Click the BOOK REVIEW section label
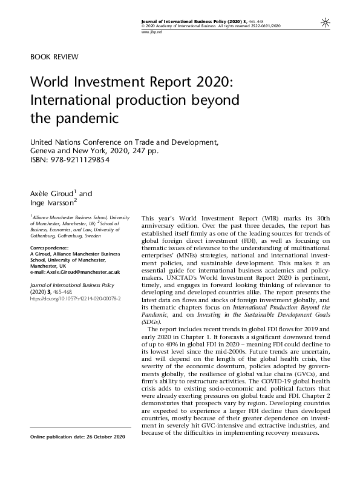tap(54, 57)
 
